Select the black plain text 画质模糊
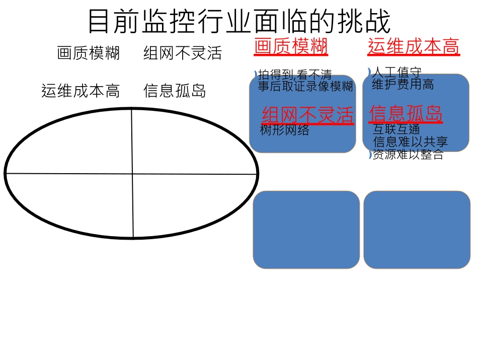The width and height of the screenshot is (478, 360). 89,53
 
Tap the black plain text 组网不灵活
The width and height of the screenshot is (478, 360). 182,53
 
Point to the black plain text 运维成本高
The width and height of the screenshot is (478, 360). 81,91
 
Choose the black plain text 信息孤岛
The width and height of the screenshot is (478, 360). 175,91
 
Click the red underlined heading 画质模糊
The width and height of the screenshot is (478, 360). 291,47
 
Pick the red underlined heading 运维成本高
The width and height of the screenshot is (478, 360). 413,47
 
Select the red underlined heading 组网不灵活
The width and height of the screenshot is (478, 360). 307,115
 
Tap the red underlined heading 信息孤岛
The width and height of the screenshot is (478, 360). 406,114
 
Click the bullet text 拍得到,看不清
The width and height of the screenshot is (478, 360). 295,76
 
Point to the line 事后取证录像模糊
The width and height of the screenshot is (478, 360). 305,86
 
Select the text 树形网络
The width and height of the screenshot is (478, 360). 285,130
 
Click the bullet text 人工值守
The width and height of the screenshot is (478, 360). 396,73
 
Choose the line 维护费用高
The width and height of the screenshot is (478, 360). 403,84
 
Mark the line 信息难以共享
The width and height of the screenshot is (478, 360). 410,142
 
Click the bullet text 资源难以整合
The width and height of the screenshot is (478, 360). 408,155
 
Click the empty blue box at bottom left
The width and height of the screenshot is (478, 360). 306,230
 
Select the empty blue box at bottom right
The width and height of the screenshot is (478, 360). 416,230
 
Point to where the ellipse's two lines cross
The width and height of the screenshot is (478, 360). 132,174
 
